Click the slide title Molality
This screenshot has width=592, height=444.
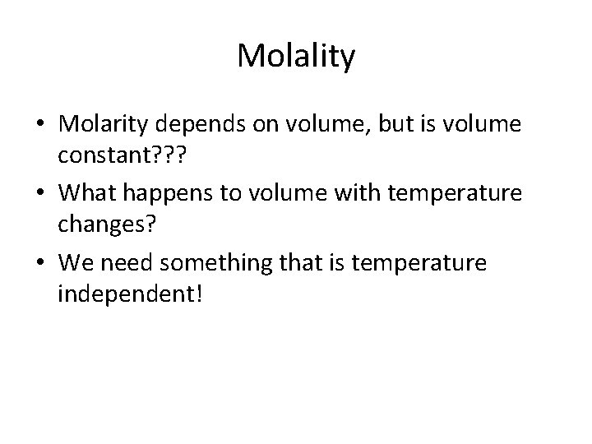click(296, 57)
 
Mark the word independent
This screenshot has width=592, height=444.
click(123, 294)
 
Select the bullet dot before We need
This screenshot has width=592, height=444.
click(41, 263)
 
